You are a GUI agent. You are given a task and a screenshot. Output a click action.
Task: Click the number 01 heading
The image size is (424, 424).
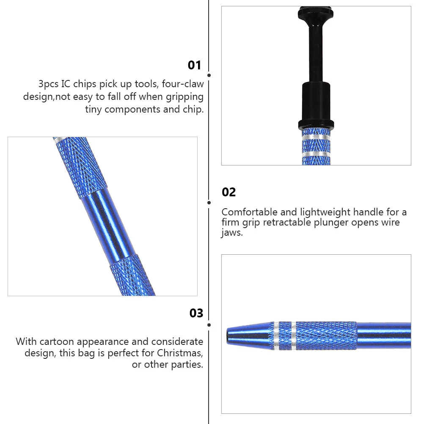point(195,65)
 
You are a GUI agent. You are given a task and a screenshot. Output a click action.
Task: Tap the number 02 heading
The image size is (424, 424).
point(229,192)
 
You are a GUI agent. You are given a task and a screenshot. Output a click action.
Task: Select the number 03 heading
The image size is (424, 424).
point(196,313)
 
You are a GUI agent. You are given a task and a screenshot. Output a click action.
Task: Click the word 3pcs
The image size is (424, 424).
point(48,84)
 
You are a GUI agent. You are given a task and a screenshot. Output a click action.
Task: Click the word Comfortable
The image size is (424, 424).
point(249,212)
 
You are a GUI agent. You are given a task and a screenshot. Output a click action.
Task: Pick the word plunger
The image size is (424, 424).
point(330,223)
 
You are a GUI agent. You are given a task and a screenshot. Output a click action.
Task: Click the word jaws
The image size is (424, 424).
point(231,233)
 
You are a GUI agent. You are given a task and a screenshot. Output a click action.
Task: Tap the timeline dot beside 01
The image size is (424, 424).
point(209,75)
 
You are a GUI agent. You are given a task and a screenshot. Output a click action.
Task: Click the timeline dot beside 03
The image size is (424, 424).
point(209,325)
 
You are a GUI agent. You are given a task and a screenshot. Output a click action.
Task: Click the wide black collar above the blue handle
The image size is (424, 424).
point(316,105)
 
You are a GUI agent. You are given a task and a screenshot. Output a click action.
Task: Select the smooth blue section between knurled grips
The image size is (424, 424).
point(104,224)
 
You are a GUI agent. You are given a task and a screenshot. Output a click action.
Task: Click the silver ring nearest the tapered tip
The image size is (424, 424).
point(276,336)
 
